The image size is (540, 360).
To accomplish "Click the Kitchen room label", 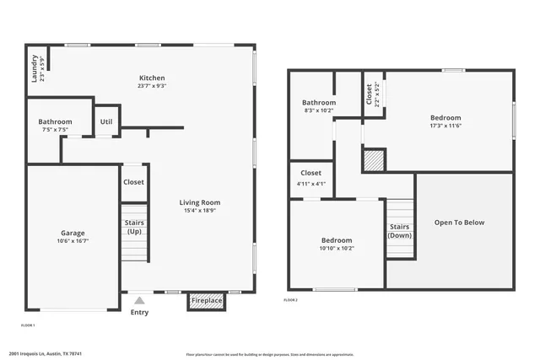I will (x=151, y=77).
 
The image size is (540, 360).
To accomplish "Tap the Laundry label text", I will (x=35, y=69).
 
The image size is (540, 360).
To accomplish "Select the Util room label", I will (x=105, y=121).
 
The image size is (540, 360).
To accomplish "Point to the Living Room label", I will (x=199, y=202).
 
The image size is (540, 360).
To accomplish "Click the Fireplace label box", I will (x=207, y=300).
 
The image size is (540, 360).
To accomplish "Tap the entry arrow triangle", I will (x=139, y=298).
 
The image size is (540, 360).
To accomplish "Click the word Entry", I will (x=139, y=312).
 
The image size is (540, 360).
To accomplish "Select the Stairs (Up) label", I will (x=134, y=228).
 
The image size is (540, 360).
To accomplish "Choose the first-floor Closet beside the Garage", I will (x=133, y=182).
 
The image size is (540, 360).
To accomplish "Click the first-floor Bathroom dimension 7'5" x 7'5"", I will (x=55, y=131).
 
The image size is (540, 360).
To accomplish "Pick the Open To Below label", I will (x=459, y=223).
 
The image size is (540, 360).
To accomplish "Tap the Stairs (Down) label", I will (x=400, y=231).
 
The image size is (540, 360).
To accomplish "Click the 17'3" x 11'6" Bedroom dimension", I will (x=445, y=126).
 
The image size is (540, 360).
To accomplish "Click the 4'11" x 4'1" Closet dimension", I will (x=310, y=184).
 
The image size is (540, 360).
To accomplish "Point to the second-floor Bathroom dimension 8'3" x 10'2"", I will (x=319, y=110).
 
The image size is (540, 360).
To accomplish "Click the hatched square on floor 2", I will (x=374, y=160).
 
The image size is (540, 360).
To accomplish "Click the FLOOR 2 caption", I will (x=290, y=299).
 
